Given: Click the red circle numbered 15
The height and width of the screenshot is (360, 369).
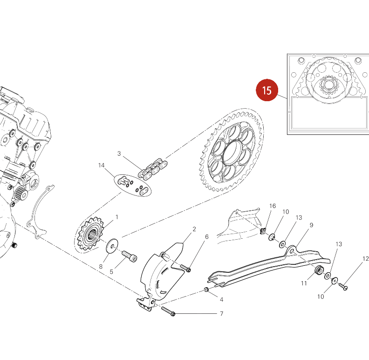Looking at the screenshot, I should point(266,90).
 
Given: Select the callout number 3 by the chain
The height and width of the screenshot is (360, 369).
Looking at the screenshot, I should point(119,153).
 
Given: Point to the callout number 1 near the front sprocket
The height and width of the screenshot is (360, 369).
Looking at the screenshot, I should point(116,217).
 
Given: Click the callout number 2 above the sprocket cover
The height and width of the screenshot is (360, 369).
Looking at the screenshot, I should point(194,229).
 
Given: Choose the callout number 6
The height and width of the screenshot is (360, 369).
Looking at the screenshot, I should point(206,237).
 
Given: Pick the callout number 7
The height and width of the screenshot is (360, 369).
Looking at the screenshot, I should point(221,314).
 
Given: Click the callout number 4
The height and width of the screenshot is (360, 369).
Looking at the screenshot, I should point(221,299).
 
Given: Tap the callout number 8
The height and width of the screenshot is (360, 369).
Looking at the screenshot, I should point(101,267).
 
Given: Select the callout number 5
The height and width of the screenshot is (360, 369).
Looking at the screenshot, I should point(111,272).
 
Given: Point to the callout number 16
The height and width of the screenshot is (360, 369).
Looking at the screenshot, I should point(273,206).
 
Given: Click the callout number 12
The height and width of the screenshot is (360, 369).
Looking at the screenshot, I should point(365,259).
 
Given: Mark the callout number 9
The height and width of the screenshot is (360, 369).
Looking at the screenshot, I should point(311,225).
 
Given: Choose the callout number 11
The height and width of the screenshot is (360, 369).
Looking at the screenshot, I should point(304,283).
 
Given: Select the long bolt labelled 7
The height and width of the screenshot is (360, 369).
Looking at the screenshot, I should point(168,311).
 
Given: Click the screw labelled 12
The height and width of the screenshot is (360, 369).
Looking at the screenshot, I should point(343,286).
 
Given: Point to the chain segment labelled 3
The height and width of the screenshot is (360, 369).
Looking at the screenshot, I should point(153,169).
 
